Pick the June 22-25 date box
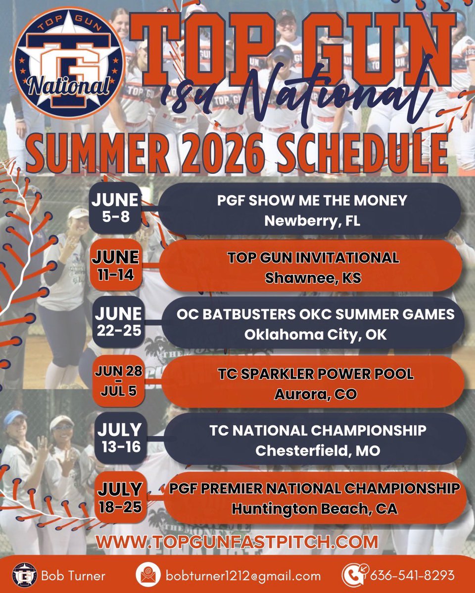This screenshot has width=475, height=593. (x=118, y=321)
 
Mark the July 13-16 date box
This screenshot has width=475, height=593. (x=119, y=437)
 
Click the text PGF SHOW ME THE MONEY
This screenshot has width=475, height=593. (x=312, y=201)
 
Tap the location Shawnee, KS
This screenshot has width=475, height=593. (x=313, y=278)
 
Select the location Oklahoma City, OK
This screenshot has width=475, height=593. (x=315, y=335)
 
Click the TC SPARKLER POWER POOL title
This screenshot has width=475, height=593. (x=316, y=374)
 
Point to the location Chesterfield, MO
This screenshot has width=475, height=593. (x=318, y=451)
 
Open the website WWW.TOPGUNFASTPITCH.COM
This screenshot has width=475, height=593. (x=237, y=542)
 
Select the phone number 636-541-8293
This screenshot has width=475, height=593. (x=412, y=576)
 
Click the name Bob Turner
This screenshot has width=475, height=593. (x=73, y=576)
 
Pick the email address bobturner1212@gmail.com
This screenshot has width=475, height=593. (x=243, y=576)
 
